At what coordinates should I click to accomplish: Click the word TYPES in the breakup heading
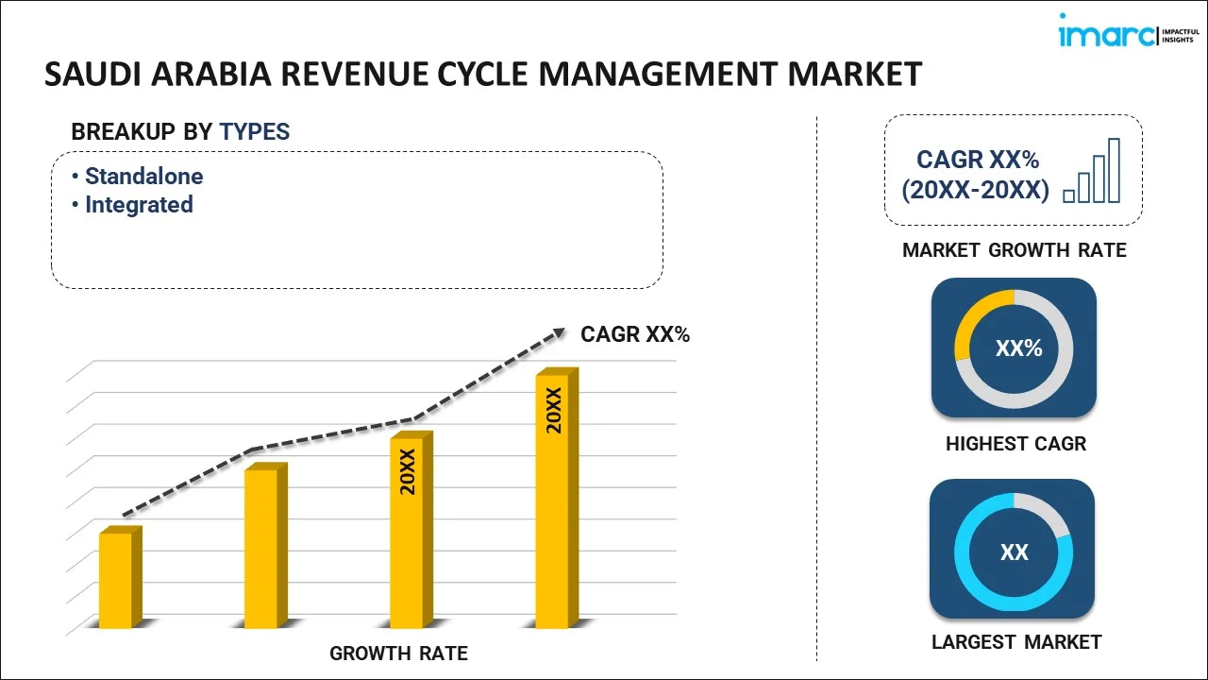(x=255, y=132)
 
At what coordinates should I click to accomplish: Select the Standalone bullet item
(x=143, y=177)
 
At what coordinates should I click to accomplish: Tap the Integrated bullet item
(x=139, y=205)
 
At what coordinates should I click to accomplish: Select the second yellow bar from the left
(x=261, y=547)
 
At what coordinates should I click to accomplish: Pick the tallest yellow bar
(x=552, y=501)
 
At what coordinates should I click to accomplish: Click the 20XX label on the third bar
(x=408, y=472)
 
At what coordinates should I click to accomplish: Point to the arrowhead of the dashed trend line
(x=558, y=332)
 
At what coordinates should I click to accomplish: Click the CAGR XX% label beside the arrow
(x=635, y=334)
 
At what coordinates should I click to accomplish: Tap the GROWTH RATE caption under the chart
(x=398, y=654)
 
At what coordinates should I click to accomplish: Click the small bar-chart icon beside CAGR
(x=1092, y=171)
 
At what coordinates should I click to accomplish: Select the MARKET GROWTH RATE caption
(x=1015, y=250)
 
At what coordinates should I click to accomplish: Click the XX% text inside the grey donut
(x=1018, y=348)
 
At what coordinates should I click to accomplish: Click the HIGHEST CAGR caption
(x=1015, y=444)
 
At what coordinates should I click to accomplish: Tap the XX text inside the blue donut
(x=1015, y=552)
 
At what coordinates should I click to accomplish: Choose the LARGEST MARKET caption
(x=1016, y=642)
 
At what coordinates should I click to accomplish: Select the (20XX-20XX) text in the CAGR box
(x=975, y=191)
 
